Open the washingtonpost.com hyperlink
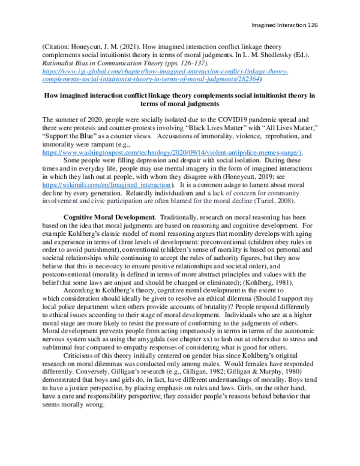click(157, 153)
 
